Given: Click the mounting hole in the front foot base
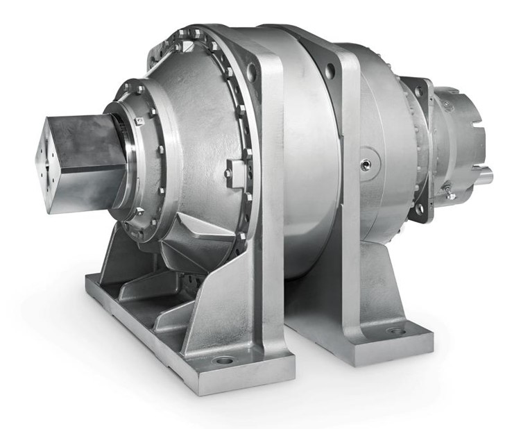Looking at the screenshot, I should pos(223,361).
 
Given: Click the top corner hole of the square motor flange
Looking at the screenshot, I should pos(418,88).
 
